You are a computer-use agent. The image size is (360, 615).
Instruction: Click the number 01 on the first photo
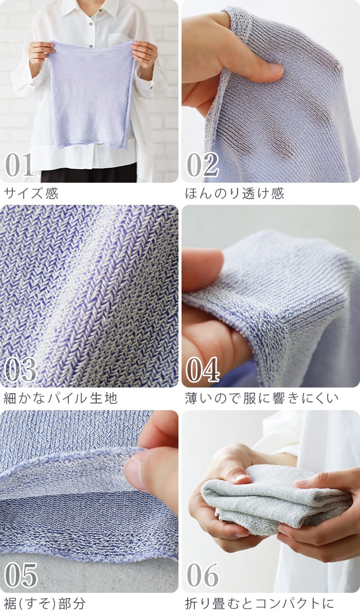pos(20,164)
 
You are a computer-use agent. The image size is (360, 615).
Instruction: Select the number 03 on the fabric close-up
pos(21,369)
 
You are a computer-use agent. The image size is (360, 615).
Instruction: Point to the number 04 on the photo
pos(203,369)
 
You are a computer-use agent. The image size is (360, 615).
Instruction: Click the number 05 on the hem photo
pos(21,574)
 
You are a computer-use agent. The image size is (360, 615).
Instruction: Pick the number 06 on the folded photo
pos(203,574)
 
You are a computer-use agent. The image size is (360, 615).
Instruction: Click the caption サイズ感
pos(31,194)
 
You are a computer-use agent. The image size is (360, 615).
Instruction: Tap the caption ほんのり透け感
pos(235,194)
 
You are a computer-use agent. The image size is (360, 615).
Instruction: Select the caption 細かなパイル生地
pos(61,398)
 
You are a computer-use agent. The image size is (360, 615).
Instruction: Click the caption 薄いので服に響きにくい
pos(262,398)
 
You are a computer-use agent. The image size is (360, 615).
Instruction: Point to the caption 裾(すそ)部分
pos(45,603)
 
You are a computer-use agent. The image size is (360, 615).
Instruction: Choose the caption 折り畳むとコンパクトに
pos(260,603)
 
